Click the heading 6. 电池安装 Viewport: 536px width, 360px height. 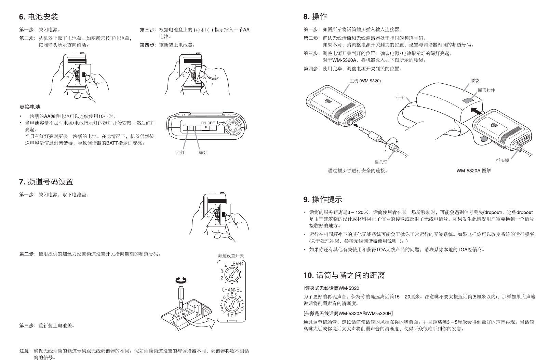coord(38,17)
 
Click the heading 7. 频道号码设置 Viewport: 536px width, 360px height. coord(46,182)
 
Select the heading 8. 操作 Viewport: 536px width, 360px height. coord(315,17)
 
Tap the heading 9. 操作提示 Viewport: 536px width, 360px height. coord(322,199)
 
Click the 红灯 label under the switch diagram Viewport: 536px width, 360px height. coord(180,153)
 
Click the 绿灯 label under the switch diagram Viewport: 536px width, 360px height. coord(203,153)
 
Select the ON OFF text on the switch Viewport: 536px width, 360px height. coord(207,123)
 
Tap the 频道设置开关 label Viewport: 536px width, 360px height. coord(231,255)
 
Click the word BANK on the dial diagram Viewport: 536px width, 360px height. coord(238,264)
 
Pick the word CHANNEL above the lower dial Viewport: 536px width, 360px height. coord(232,290)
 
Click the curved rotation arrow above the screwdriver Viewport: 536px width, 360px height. coord(181,281)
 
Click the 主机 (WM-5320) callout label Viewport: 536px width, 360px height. coord(365,81)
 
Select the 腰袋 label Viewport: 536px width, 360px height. coord(475,81)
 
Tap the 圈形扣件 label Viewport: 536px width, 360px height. coord(486,91)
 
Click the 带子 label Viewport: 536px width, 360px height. coord(400,98)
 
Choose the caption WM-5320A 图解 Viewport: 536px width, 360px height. coord(473,170)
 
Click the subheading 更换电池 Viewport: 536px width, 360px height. coord(30,107)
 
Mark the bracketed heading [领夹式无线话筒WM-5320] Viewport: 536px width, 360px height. coord(332,288)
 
